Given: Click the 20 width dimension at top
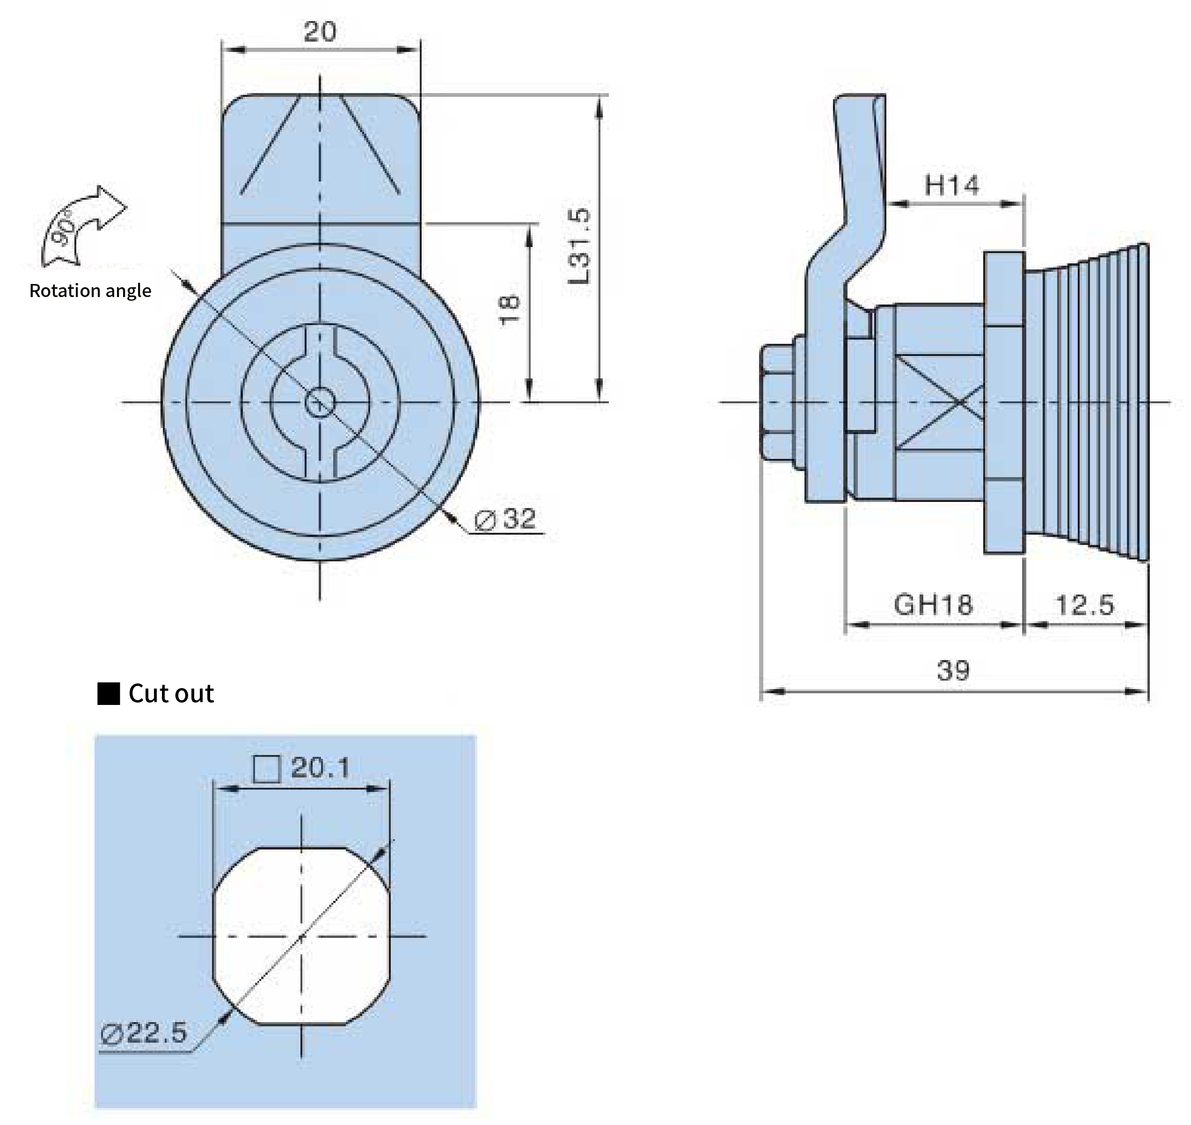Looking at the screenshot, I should click(x=319, y=31).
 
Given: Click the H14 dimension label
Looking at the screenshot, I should click(x=951, y=185).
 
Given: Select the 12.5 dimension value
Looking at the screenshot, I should click(x=1085, y=605).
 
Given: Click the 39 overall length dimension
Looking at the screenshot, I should click(x=953, y=670).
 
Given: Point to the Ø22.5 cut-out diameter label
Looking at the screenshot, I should click(x=144, y=1033).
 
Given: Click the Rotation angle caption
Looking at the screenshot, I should click(x=90, y=291).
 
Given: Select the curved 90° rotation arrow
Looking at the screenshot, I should click(x=81, y=225).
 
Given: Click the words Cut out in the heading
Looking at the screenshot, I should click(x=171, y=694).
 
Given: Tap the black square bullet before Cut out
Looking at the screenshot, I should click(x=109, y=694).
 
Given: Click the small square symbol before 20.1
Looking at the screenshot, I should click(x=267, y=769).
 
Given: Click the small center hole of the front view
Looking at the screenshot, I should click(x=320, y=402).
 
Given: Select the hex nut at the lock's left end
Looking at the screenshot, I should click(x=778, y=402).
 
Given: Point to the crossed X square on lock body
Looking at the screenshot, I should click(x=940, y=402).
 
